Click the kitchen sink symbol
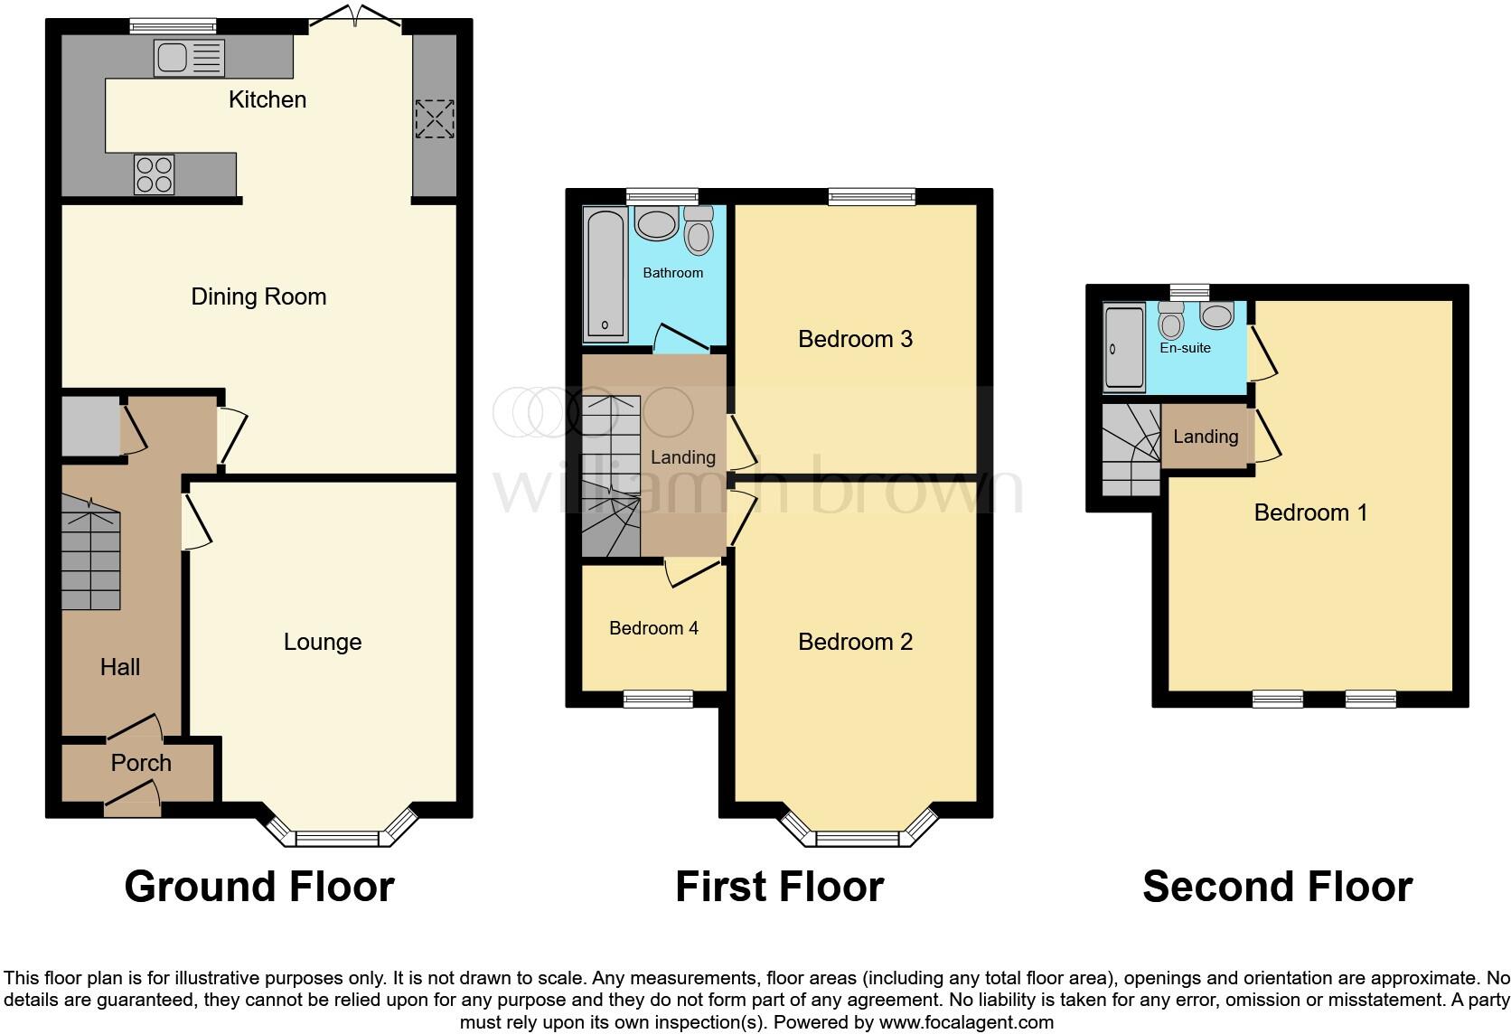click(189, 59)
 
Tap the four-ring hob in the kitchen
click(154, 174)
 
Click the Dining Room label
click(258, 296)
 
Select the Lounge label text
click(323, 642)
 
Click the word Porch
click(141, 763)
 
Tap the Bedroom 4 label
click(653, 628)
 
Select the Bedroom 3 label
click(855, 339)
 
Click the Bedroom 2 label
click(855, 642)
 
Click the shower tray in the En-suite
click(1124, 348)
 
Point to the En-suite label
click(1185, 348)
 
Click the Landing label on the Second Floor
click(1206, 437)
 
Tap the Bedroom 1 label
click(1310, 512)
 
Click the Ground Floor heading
click(259, 887)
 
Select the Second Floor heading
click(1277, 887)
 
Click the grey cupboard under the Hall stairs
click(90, 426)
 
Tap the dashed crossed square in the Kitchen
click(434, 118)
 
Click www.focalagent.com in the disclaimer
click(965, 1023)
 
